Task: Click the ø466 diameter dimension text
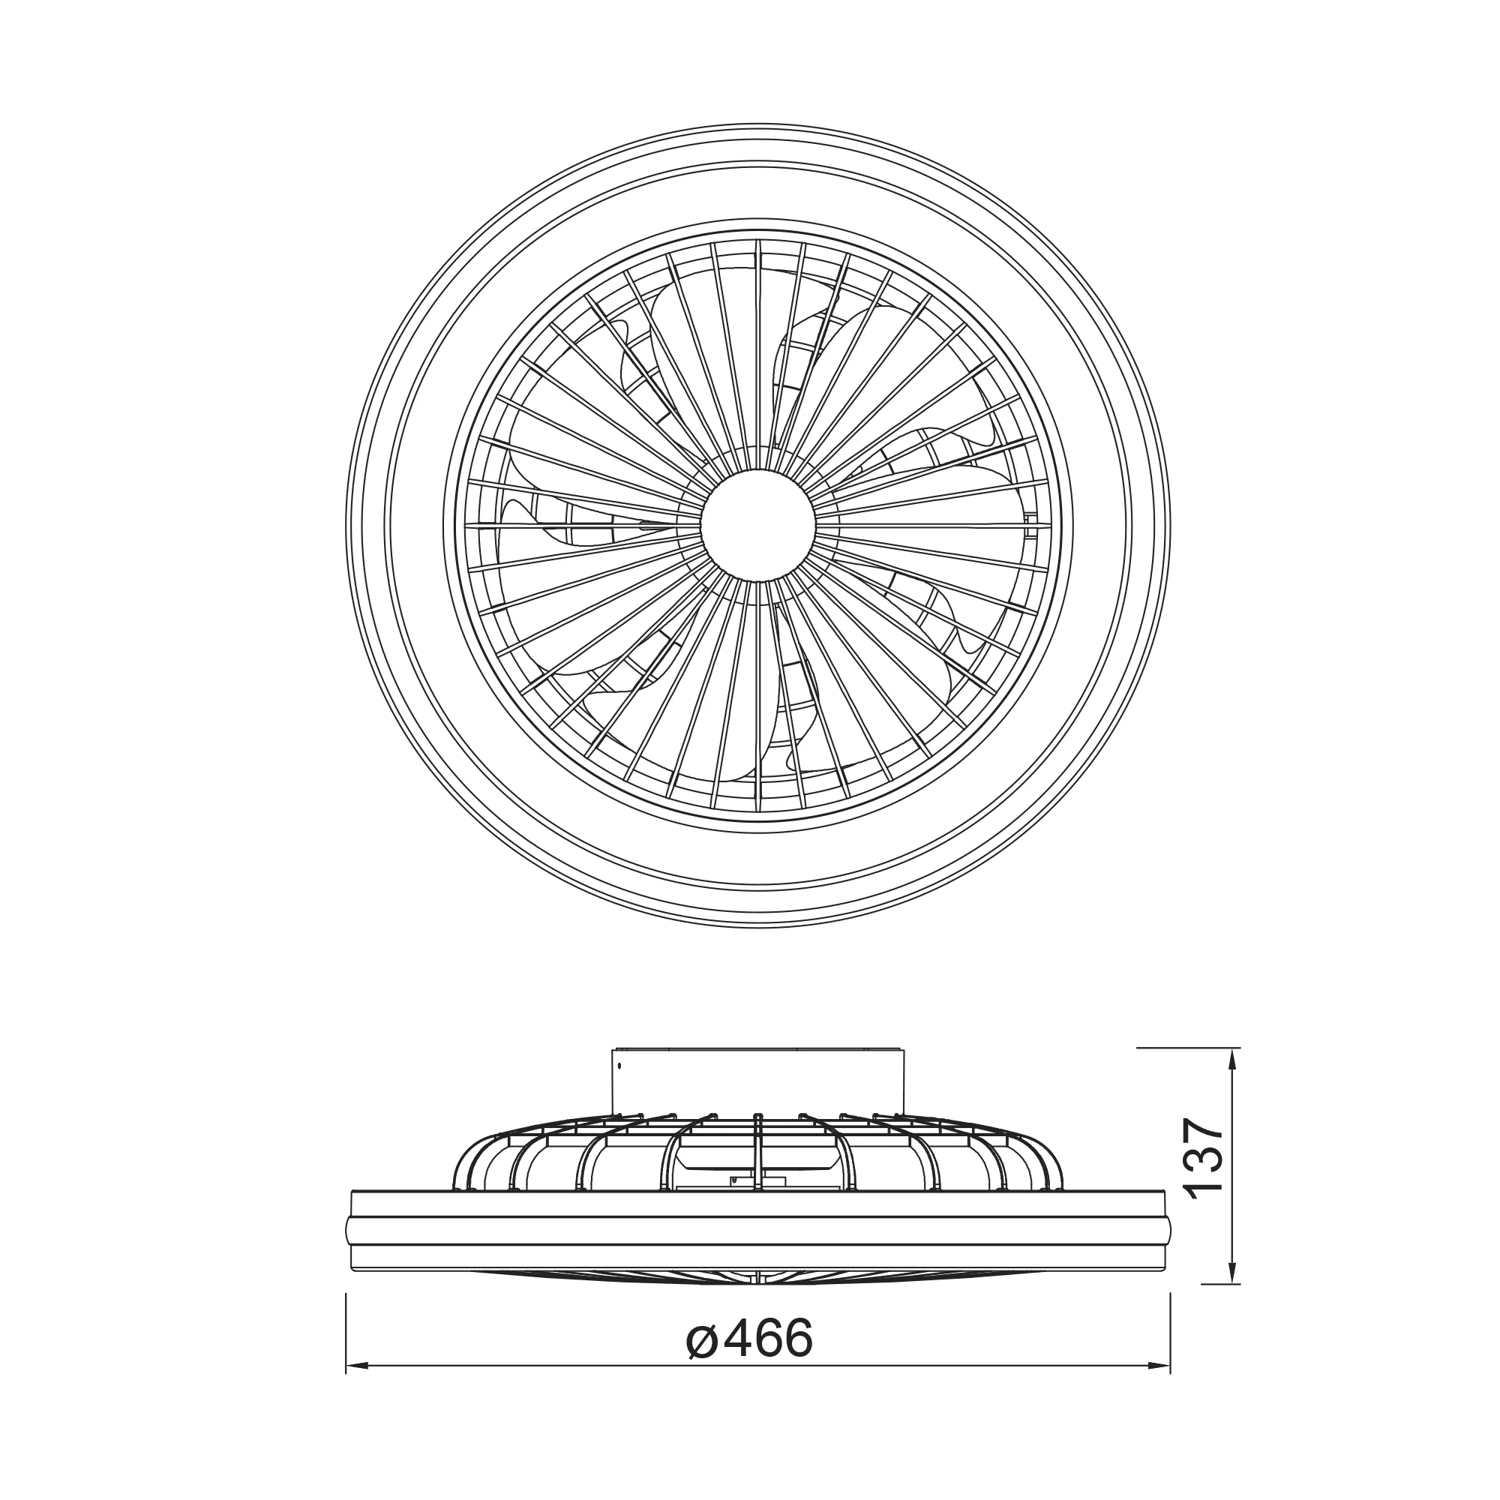point(749,1338)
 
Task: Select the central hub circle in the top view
point(757,525)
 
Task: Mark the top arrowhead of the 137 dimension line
point(1232,1059)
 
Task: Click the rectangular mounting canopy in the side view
point(757,1081)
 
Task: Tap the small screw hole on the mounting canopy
point(619,1066)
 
